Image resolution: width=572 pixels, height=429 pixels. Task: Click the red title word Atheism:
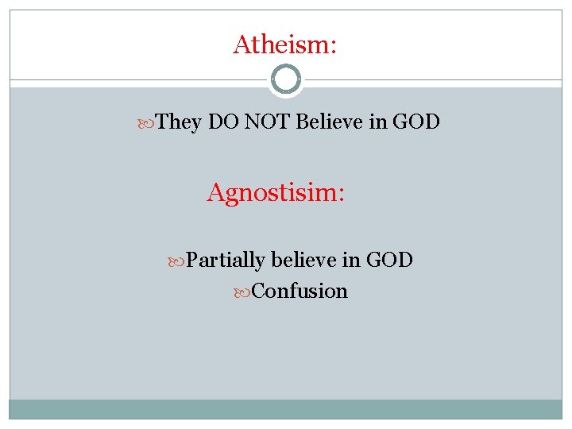click(285, 44)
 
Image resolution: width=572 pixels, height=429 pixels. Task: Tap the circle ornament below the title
click(286, 80)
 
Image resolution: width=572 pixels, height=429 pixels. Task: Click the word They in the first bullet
click(180, 122)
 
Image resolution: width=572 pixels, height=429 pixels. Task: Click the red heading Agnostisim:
click(276, 192)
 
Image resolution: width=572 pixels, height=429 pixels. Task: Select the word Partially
click(226, 260)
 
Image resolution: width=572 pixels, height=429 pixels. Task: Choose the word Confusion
click(300, 291)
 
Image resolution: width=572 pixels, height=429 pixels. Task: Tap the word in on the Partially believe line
click(351, 260)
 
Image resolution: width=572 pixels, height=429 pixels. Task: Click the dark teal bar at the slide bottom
click(286, 408)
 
